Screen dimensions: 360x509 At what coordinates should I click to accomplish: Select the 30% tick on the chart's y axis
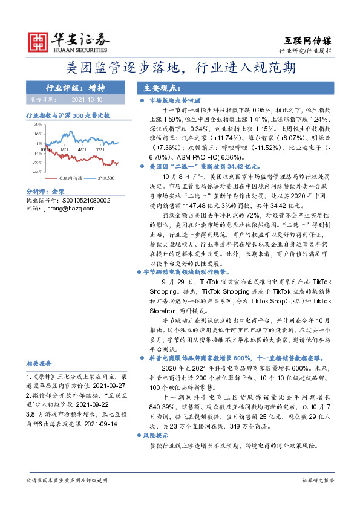point(38,125)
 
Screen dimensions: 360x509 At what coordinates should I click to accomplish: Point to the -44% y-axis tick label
point(37,172)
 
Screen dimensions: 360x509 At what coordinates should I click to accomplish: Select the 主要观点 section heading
point(157,87)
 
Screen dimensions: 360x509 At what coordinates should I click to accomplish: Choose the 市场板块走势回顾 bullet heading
point(174,101)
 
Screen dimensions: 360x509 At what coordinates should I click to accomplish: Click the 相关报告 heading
point(39,364)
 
